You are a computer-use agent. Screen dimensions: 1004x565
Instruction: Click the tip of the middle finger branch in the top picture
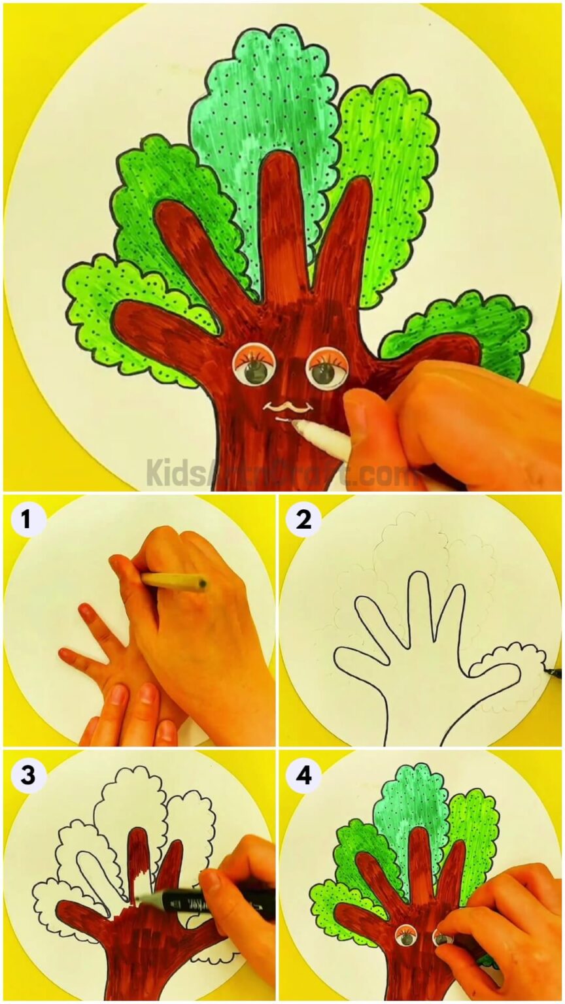(x=278, y=163)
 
